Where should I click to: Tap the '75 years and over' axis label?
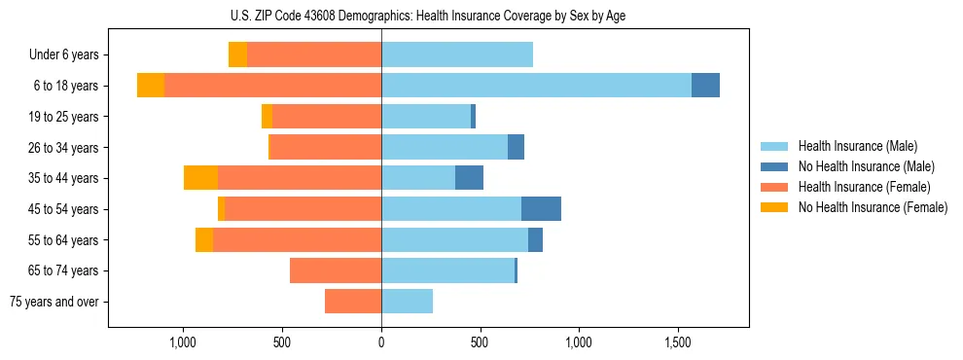point(53,302)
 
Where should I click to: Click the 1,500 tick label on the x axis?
point(678,342)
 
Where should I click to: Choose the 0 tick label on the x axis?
point(381,342)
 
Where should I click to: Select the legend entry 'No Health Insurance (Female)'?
point(873,207)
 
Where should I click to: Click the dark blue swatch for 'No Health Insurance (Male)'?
point(775,166)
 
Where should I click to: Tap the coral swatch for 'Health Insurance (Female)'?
point(775,187)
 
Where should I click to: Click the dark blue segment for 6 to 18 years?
point(705,86)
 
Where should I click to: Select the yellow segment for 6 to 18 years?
point(151,86)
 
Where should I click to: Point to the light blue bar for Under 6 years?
point(457,55)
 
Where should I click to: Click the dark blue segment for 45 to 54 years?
point(541,209)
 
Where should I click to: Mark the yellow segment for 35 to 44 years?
point(200,178)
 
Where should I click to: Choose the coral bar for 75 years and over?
point(353,302)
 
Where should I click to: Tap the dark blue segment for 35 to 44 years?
point(469,178)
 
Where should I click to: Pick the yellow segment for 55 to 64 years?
point(204,240)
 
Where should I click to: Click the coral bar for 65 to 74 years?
point(336,270)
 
